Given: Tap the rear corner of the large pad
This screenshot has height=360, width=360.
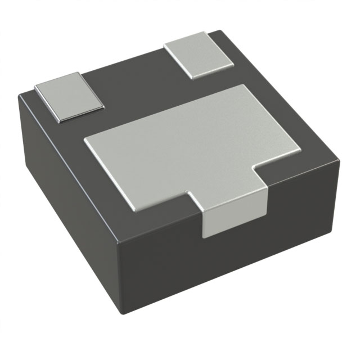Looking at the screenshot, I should (243, 85).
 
